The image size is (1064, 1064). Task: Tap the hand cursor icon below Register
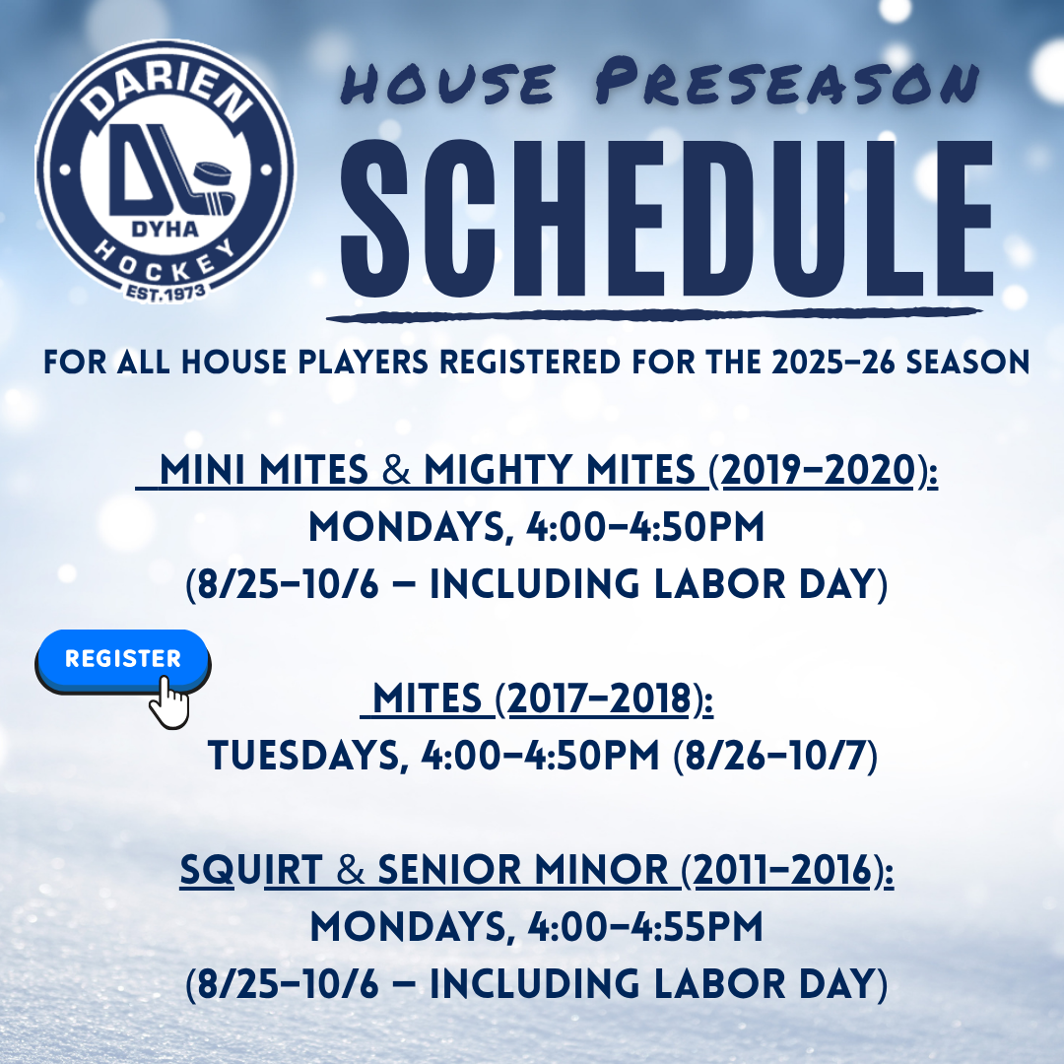[169, 702]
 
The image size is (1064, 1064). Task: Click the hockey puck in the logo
[213, 174]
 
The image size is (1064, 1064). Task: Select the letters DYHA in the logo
[165, 230]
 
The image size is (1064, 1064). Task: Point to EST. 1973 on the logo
[166, 294]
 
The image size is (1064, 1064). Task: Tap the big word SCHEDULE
[666, 219]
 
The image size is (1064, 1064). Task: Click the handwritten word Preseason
[787, 82]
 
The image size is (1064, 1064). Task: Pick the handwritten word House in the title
[448, 84]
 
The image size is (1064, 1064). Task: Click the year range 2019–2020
[819, 470]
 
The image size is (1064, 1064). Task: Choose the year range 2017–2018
[599, 698]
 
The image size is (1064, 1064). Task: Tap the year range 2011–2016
[782, 870]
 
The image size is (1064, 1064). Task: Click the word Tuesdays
[304, 756]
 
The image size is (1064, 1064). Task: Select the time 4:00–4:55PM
[645, 927]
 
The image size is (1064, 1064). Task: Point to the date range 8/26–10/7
[775, 756]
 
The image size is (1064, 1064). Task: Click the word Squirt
[251, 871]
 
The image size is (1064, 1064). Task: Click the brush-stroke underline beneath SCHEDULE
[654, 315]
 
